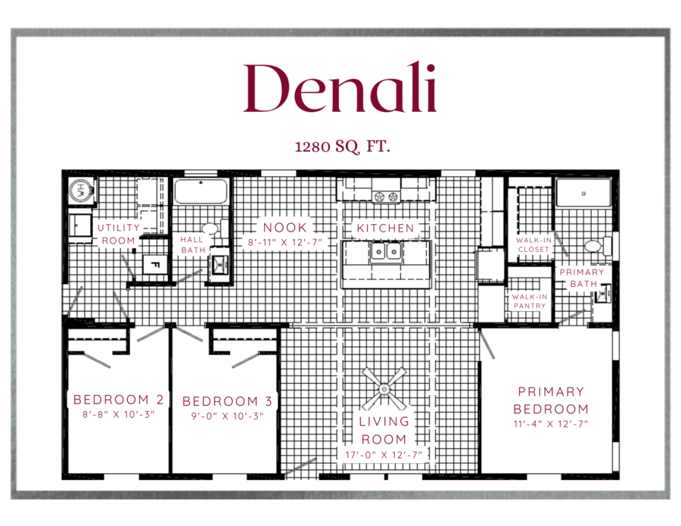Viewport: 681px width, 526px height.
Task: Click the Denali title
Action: tap(340, 88)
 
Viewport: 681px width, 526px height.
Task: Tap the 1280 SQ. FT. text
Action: tap(342, 147)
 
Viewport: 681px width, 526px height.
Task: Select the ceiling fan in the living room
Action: tap(384, 389)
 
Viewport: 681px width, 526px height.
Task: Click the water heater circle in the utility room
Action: tap(81, 190)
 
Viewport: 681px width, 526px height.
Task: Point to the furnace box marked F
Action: tap(154, 265)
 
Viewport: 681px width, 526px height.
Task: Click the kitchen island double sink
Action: tap(386, 252)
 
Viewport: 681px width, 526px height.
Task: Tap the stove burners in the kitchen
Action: tap(386, 197)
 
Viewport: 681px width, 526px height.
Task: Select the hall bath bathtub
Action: tap(201, 191)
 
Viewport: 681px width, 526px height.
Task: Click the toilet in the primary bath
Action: tap(598, 246)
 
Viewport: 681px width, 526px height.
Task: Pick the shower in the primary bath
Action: tap(583, 192)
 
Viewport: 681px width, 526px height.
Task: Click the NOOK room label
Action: tap(285, 228)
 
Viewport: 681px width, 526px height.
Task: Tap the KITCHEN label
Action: tap(385, 228)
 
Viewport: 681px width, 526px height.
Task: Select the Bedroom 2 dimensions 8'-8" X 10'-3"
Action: tap(119, 415)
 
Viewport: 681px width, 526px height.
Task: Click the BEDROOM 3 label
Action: tap(227, 401)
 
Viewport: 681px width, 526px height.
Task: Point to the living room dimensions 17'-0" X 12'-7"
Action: tap(384, 455)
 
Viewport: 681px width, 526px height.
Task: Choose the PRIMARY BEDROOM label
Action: tap(551, 400)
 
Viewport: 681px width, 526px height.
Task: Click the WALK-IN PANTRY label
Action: tap(530, 301)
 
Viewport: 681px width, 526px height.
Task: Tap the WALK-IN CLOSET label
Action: tap(533, 244)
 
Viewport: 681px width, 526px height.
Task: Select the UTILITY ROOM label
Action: tap(118, 234)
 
